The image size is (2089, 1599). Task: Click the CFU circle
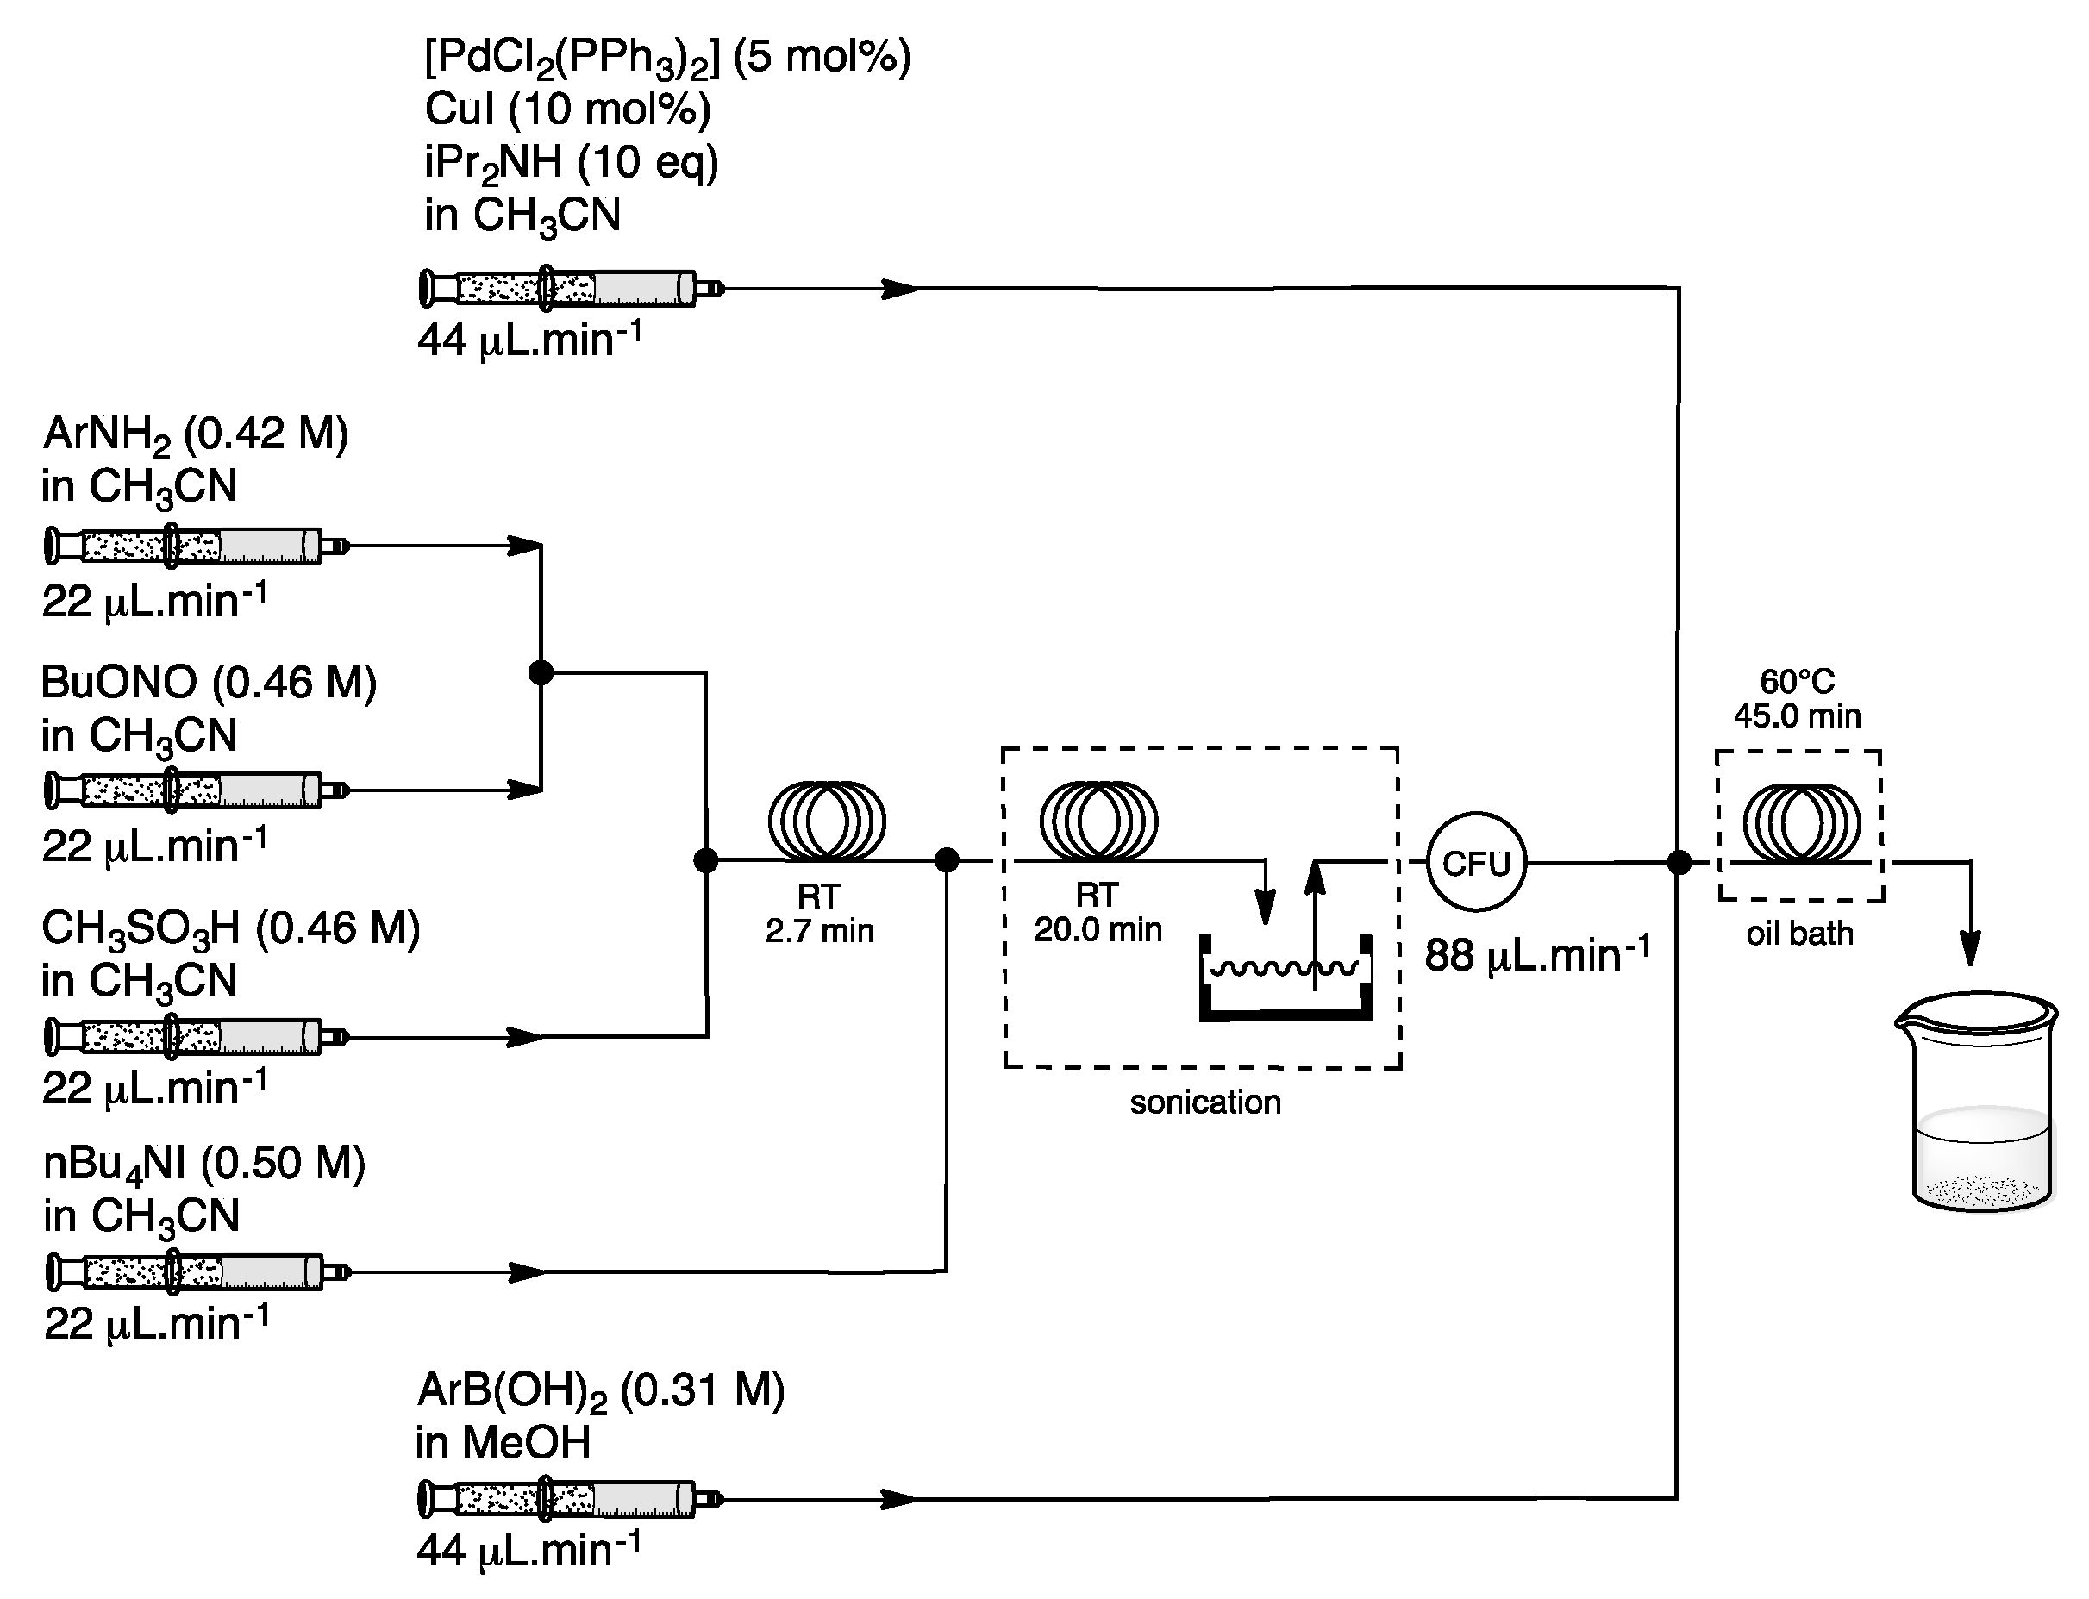[x=1475, y=862]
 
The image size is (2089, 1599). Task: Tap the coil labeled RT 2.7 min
[x=826, y=820]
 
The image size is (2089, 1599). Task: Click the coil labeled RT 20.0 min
[x=1098, y=820]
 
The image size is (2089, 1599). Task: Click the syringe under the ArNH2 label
[x=195, y=547]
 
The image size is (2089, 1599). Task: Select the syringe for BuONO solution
[x=195, y=790]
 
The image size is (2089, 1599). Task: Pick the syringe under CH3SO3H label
[x=195, y=1035]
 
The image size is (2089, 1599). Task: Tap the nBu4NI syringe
[x=195, y=1271]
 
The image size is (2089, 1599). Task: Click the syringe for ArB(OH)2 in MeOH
[x=569, y=1499]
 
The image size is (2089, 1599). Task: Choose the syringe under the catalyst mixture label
[x=569, y=287]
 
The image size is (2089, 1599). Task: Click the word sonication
[x=1205, y=1102]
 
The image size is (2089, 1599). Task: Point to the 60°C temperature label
[x=1797, y=682]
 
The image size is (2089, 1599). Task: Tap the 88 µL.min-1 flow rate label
[x=1536, y=954]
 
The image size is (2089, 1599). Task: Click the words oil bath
[x=1798, y=934]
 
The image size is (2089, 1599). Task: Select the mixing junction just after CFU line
[x=1679, y=862]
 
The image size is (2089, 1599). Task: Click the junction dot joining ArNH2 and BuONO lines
[x=541, y=673]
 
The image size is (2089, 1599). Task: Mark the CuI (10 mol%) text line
[x=567, y=109]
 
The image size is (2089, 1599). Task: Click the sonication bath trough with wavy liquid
[x=1285, y=980]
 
